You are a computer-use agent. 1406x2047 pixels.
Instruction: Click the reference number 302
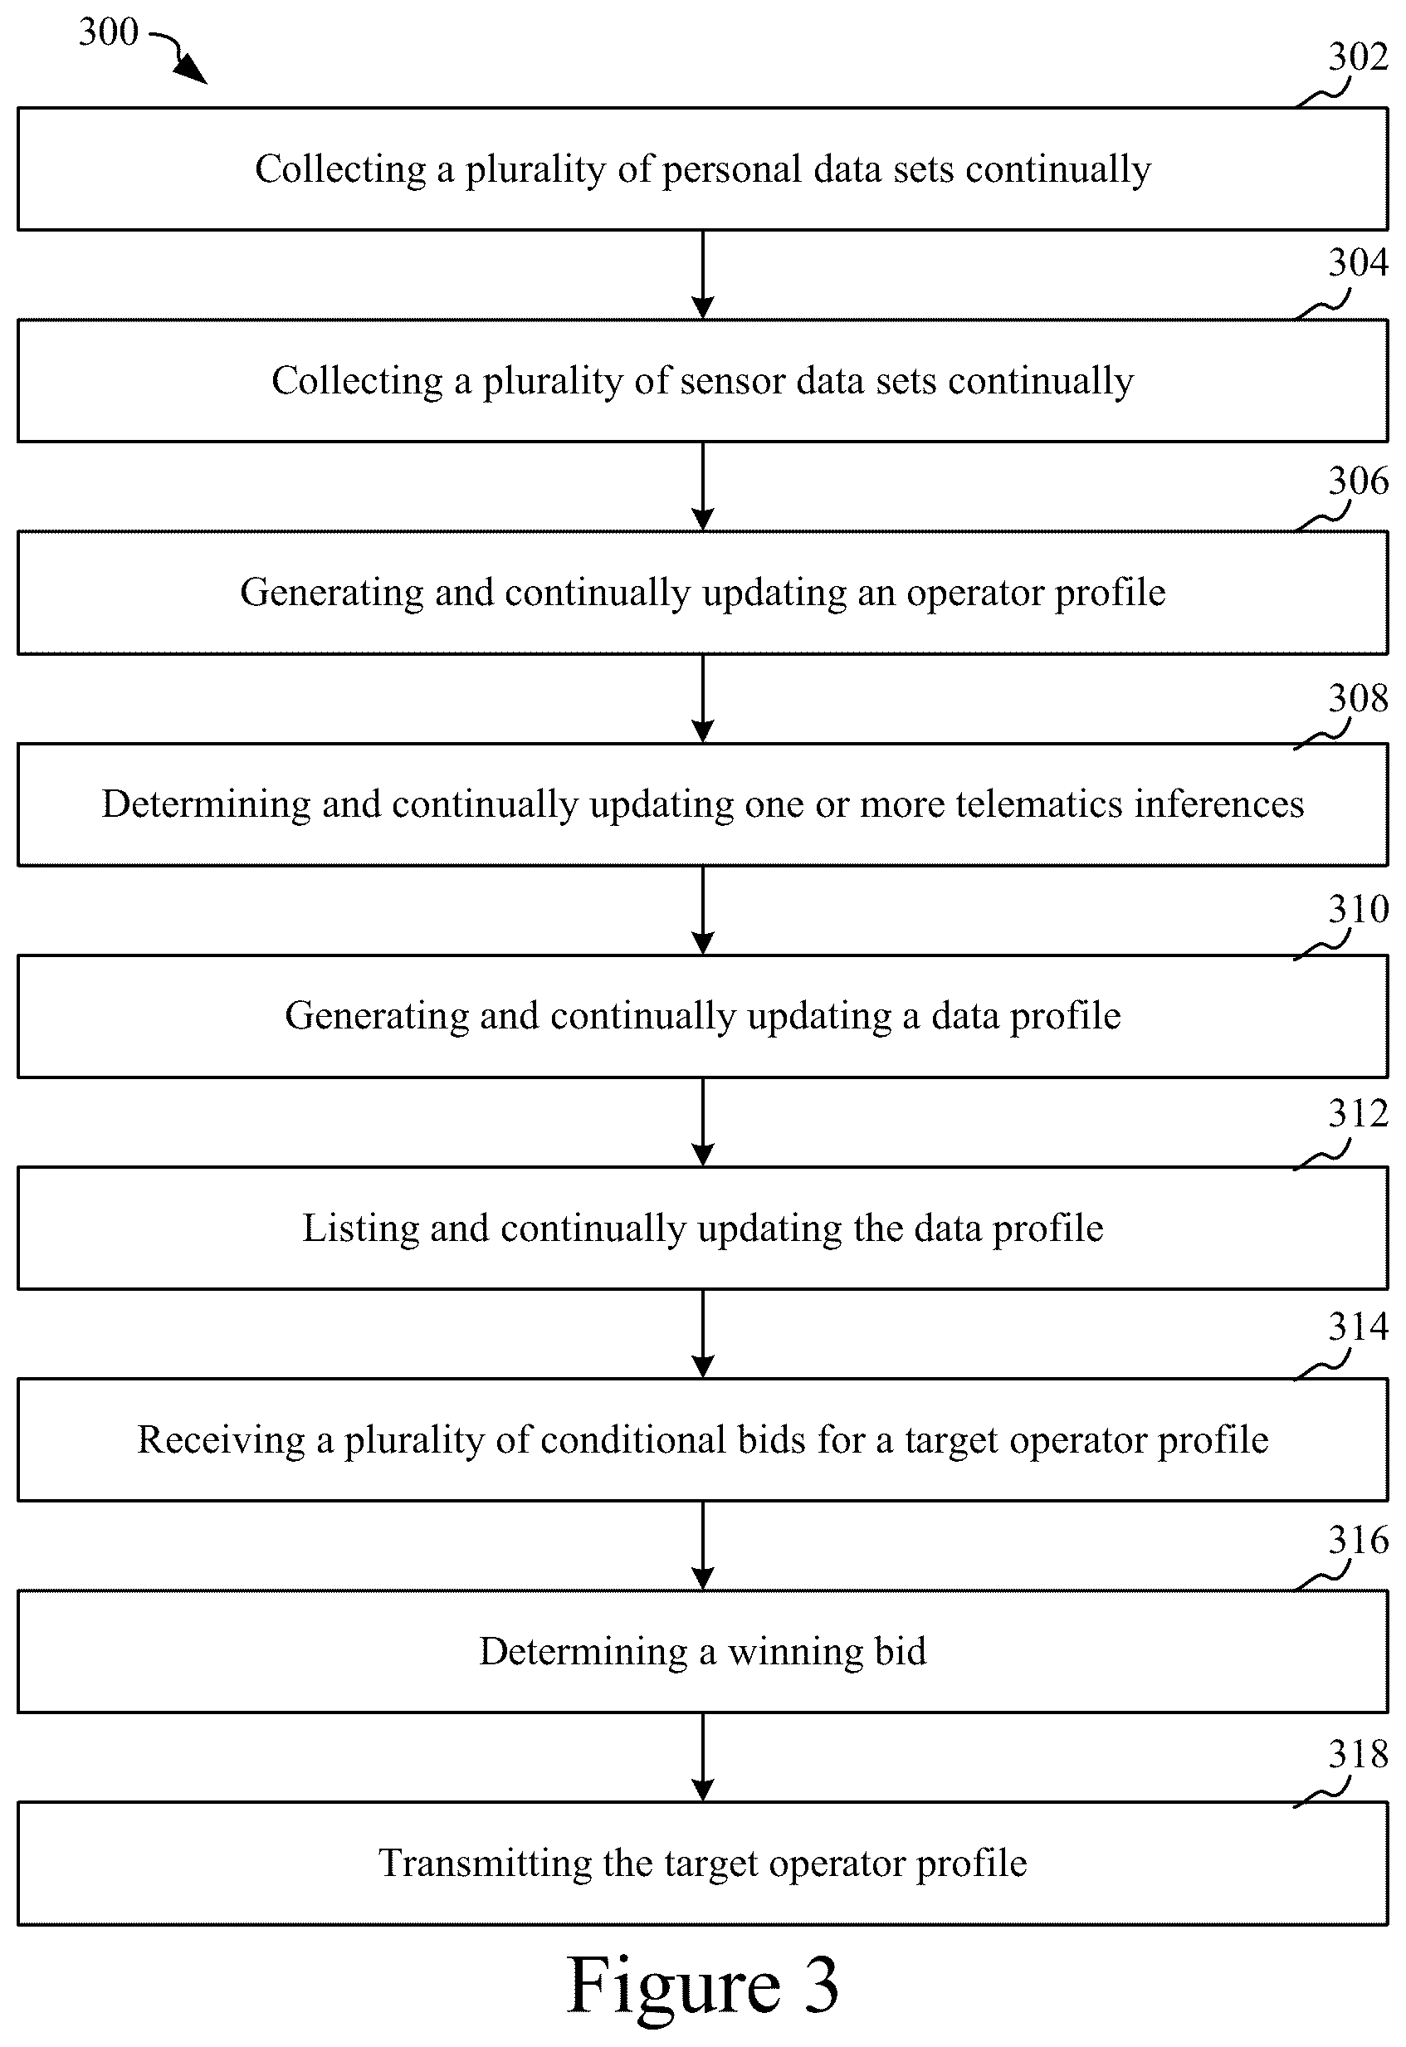coord(1358,57)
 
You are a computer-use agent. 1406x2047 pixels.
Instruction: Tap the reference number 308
coord(1358,698)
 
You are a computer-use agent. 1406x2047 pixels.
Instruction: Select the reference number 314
coord(1358,1326)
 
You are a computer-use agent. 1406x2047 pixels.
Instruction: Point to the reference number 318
coord(1358,1753)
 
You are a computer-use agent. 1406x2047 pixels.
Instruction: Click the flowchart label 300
coord(109,32)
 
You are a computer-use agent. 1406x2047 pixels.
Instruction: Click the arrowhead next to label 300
coord(192,71)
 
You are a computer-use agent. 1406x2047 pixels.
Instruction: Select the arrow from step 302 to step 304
coord(702,275)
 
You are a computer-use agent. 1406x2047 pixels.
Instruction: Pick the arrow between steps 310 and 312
coord(702,1122)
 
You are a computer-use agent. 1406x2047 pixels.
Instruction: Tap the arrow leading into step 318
coord(702,1758)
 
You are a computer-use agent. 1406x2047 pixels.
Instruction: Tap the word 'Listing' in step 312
coord(360,1229)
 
